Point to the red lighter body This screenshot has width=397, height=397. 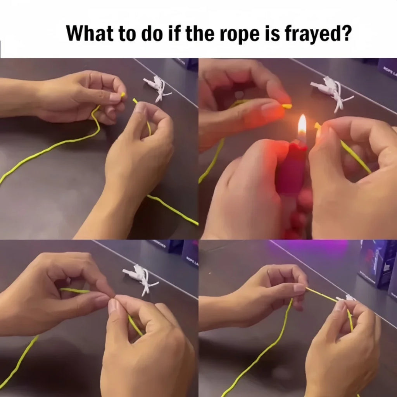291,171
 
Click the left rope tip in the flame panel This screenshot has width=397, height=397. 287,106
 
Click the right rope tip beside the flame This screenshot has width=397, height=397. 318,126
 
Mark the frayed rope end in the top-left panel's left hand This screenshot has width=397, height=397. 123,95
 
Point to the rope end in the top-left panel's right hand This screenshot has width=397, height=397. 135,101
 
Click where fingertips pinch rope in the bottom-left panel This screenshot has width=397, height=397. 112,299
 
